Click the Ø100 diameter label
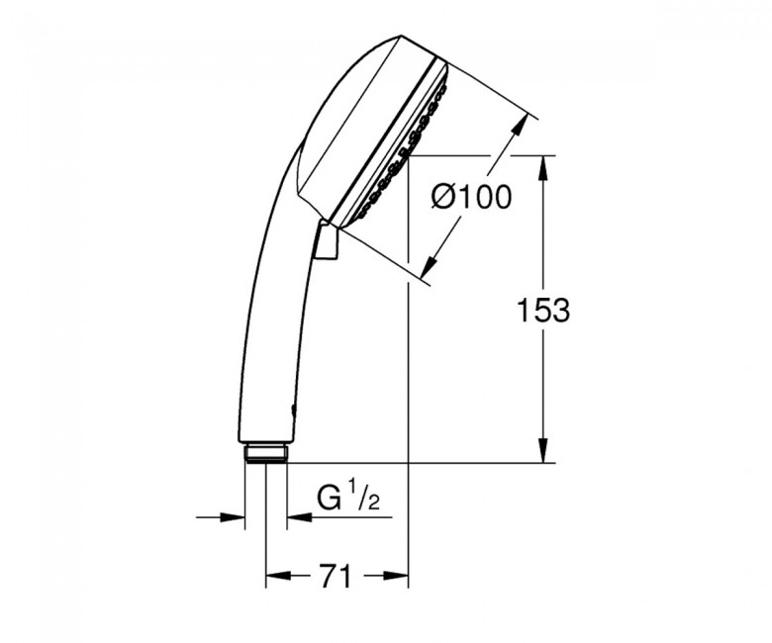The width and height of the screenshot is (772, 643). (x=471, y=197)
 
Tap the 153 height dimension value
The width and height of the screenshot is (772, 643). (x=543, y=311)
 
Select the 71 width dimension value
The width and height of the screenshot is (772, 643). (x=337, y=576)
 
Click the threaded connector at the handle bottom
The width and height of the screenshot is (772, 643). (x=266, y=453)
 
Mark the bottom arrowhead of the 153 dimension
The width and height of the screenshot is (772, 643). (x=543, y=451)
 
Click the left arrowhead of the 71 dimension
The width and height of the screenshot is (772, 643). (x=277, y=575)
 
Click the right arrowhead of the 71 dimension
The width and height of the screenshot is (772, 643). (x=396, y=575)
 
